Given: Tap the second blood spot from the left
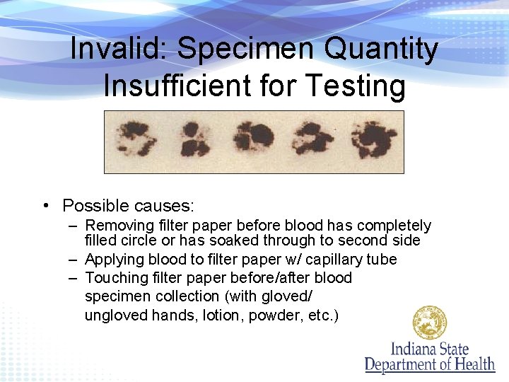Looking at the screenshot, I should [x=191, y=139].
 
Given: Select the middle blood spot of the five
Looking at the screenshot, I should [x=254, y=137].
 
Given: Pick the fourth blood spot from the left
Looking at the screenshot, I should [x=310, y=138].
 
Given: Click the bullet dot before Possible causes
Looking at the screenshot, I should [x=45, y=206].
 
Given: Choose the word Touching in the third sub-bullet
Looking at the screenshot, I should [x=116, y=278].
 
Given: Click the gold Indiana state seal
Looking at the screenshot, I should [x=430, y=323].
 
